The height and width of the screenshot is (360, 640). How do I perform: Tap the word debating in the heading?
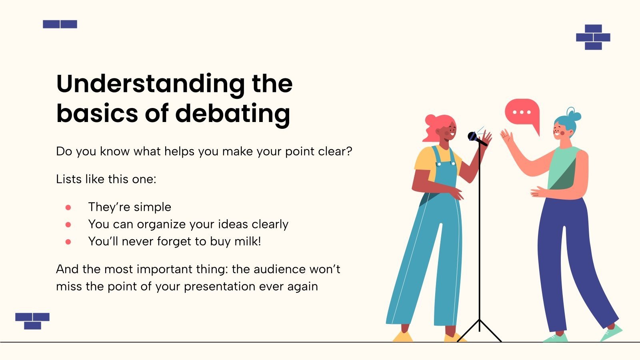(232, 114)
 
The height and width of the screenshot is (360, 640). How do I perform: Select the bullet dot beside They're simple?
(68, 207)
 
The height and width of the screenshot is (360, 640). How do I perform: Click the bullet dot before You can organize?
(68, 225)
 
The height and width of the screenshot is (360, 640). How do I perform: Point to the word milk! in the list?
(248, 242)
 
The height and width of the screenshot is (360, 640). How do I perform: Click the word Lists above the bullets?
(69, 179)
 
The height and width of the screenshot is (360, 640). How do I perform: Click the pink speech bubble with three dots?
(522, 112)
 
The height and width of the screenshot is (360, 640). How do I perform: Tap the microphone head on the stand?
(473, 136)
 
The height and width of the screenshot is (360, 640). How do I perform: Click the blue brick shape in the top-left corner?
(60, 24)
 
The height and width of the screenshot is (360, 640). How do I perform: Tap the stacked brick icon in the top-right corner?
(593, 37)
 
